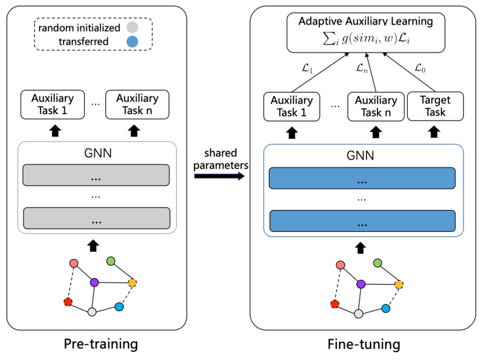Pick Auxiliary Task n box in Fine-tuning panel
(x=372, y=106)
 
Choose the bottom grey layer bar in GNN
(x=96, y=219)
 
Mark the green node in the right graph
(x=377, y=263)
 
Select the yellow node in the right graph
(x=399, y=284)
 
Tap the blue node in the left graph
(x=119, y=307)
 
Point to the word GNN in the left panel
(x=96, y=154)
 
